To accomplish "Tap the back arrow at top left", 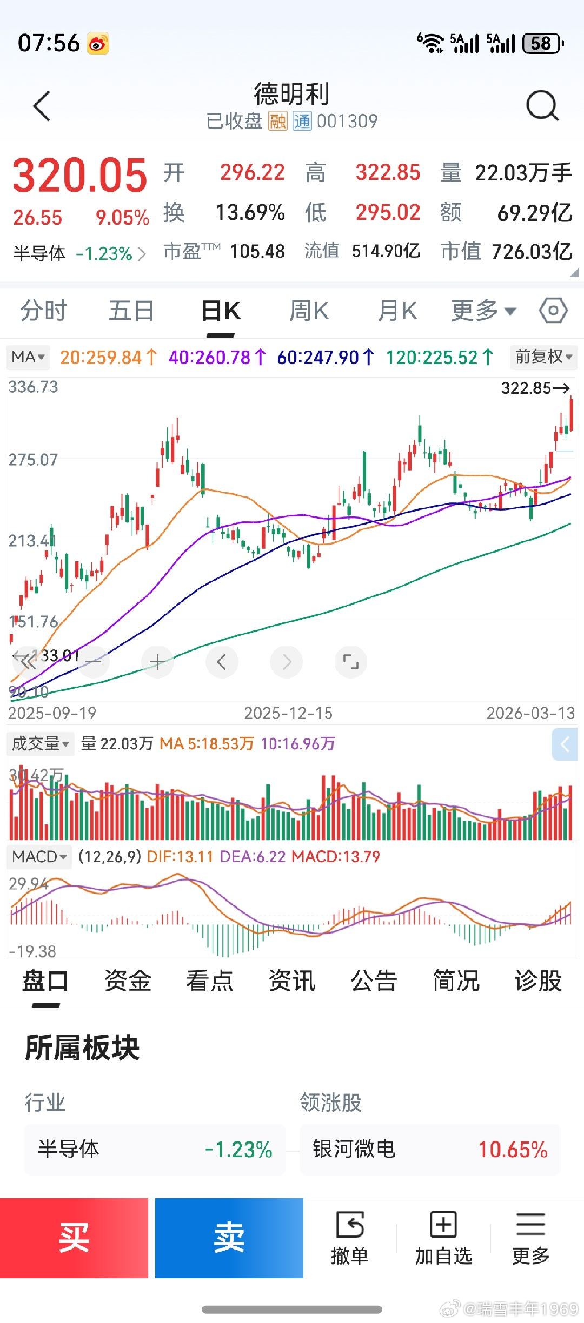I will click(42, 106).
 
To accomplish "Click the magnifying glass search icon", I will click(542, 105).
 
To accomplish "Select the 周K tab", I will click(309, 311).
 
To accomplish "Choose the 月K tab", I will click(397, 311).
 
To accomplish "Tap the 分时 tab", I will click(44, 311).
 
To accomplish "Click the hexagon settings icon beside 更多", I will click(553, 311).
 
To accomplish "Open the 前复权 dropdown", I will click(543, 357).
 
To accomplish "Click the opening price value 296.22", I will click(252, 173).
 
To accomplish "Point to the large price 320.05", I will click(79, 175).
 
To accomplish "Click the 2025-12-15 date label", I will click(288, 713).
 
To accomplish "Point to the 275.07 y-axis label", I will click(33, 460).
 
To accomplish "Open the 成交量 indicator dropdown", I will click(40, 744).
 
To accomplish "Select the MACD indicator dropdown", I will click(39, 856).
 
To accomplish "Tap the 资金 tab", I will click(128, 981).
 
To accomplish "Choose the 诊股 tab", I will click(538, 981).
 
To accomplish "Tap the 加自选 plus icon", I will click(443, 1224).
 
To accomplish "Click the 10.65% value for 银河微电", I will click(513, 1150).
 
